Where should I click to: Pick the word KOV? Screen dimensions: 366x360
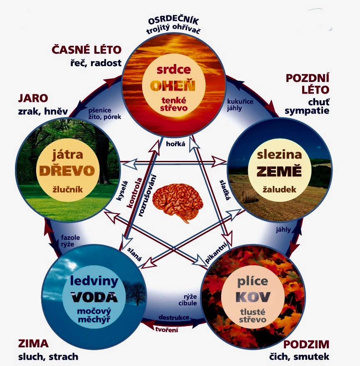(x=247, y=297)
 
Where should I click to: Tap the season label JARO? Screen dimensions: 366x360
(x=33, y=98)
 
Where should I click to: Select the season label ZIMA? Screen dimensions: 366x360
(x=33, y=344)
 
